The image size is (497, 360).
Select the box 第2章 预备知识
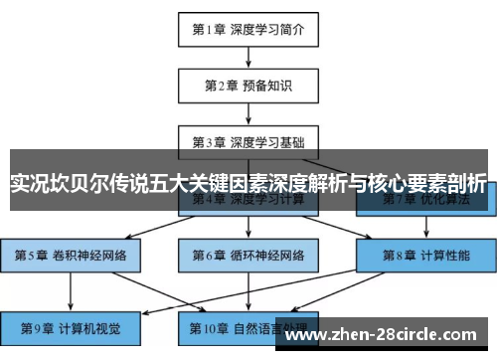click(248, 86)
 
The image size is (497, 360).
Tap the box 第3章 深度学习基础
click(248, 140)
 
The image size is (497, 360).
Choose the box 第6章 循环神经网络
click(248, 255)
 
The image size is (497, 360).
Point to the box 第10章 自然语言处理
click(248, 325)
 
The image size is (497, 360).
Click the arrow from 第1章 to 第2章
click(248, 58)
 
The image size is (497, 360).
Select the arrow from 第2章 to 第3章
click(248, 112)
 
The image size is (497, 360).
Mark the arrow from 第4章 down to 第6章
click(248, 231)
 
